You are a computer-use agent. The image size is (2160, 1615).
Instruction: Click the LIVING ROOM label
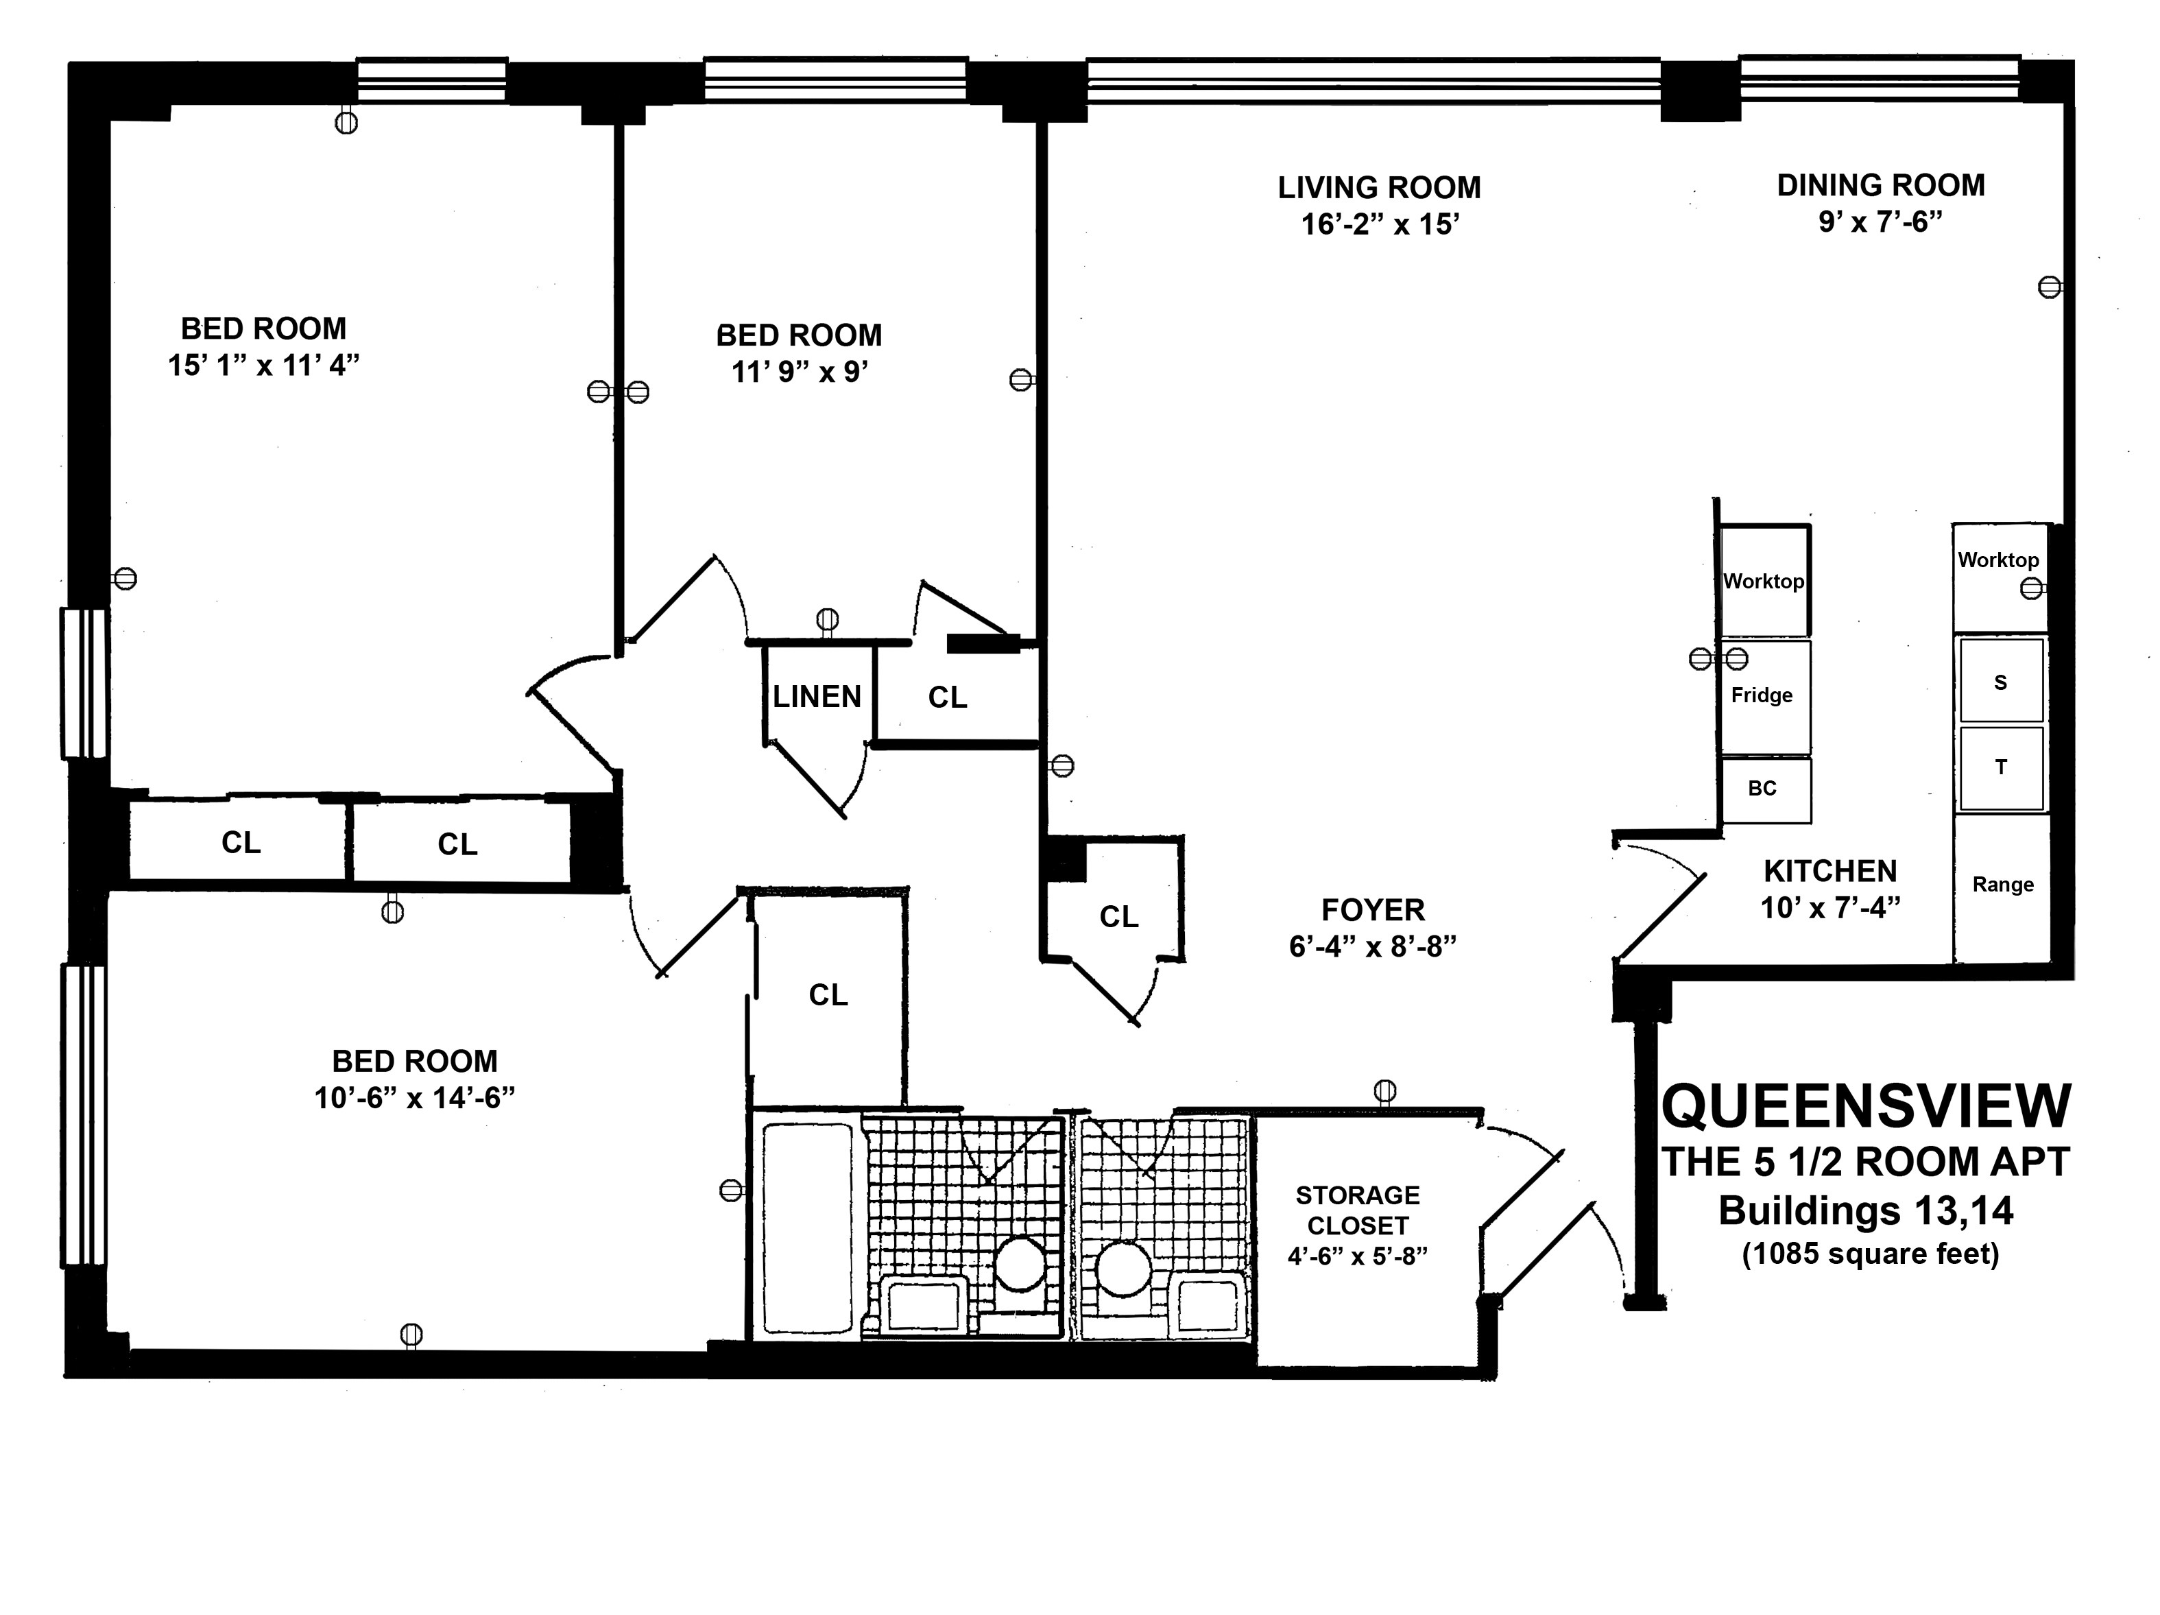pyautogui.click(x=1379, y=187)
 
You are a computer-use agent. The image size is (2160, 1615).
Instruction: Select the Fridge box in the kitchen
pyautogui.click(x=1764, y=696)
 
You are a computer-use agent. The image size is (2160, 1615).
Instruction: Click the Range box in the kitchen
pyautogui.click(x=2002, y=887)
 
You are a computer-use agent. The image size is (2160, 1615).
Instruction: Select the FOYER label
pyautogui.click(x=1373, y=910)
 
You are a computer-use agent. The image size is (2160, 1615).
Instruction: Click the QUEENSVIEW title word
pyautogui.click(x=1866, y=1106)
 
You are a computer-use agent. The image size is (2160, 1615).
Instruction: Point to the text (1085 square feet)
pyautogui.click(x=1871, y=1254)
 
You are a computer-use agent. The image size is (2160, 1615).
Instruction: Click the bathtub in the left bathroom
pyautogui.click(x=808, y=1228)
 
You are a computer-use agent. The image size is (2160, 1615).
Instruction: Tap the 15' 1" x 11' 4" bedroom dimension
pyautogui.click(x=263, y=366)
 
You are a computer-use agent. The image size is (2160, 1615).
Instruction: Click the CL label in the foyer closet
pyautogui.click(x=1119, y=917)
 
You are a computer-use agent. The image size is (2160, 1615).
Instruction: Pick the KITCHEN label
pyautogui.click(x=1830, y=871)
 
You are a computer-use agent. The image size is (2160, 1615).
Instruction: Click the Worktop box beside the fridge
pyautogui.click(x=1764, y=581)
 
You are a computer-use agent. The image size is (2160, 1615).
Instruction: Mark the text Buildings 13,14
pyautogui.click(x=1866, y=1211)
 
